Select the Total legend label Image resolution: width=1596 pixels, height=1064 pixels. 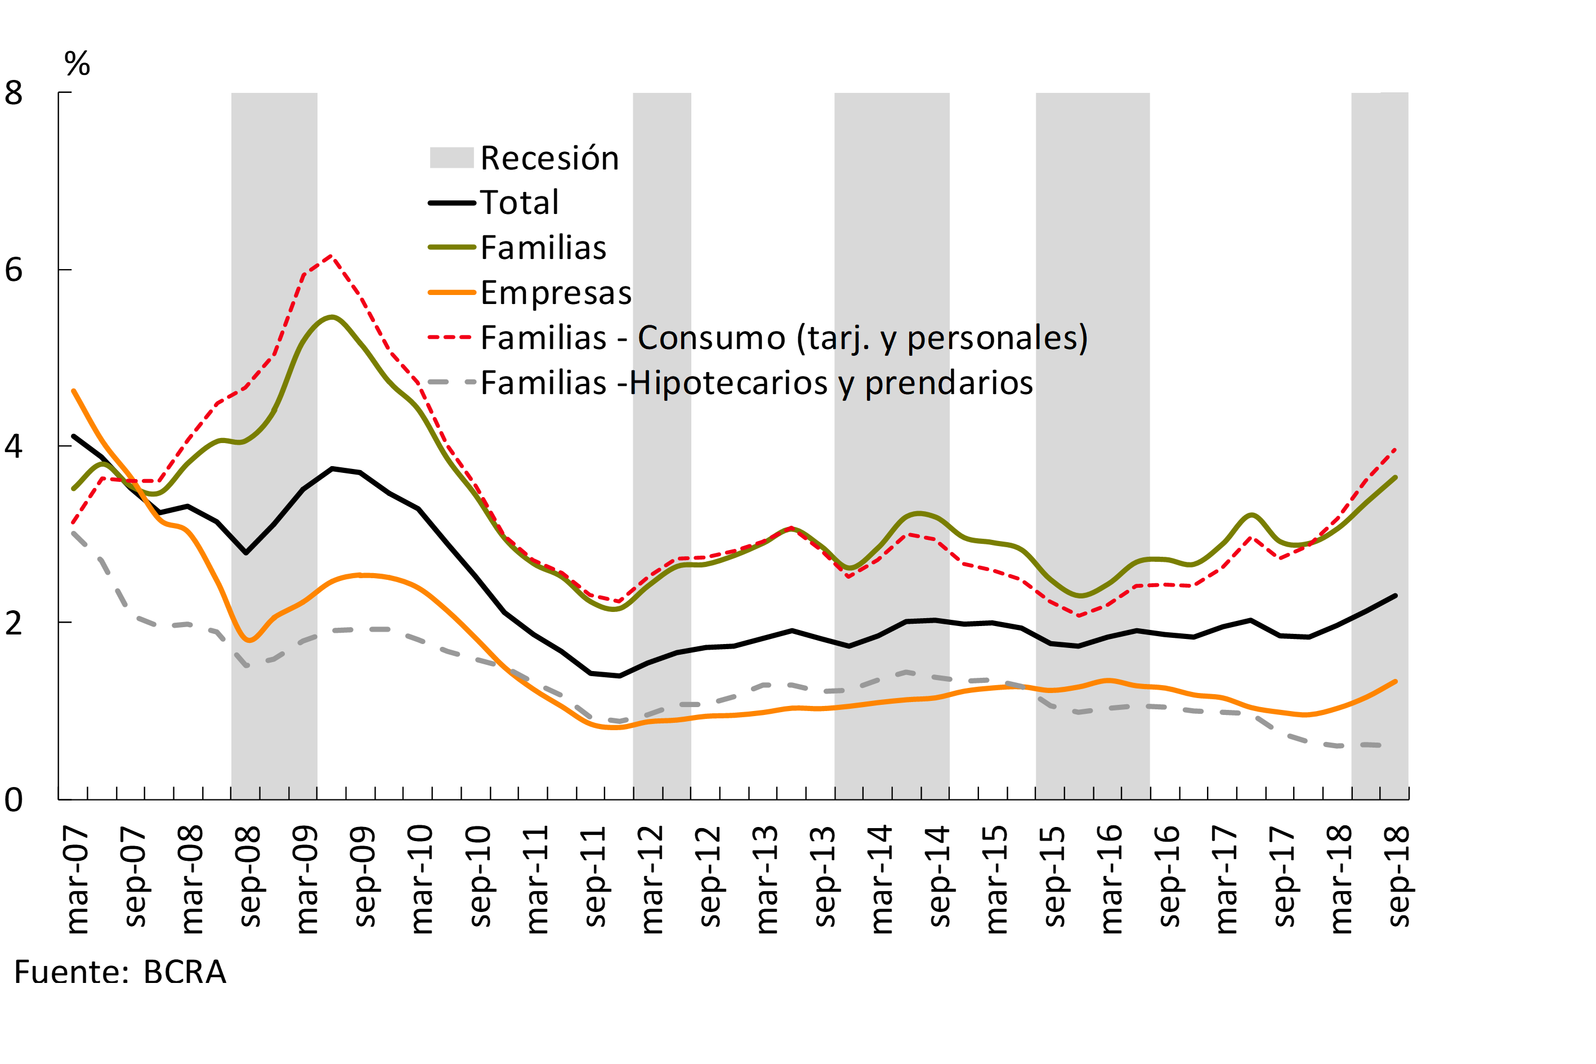(x=519, y=203)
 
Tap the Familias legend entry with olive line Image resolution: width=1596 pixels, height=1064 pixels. (x=543, y=248)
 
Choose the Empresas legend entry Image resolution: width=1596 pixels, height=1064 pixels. (x=556, y=293)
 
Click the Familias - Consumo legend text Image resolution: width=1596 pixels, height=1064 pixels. (x=784, y=338)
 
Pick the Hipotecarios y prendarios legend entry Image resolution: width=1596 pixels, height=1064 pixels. (x=757, y=383)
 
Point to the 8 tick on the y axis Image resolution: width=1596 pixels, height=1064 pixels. (x=14, y=93)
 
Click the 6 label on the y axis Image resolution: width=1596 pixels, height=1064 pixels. (x=14, y=270)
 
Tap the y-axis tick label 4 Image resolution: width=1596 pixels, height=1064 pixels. (x=14, y=446)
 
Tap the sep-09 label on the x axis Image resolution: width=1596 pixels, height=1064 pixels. (x=364, y=877)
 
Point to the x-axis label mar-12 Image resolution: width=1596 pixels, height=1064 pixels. (x=651, y=879)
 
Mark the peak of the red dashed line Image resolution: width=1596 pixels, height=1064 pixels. (x=330, y=256)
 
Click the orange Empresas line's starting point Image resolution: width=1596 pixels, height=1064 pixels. (x=73, y=391)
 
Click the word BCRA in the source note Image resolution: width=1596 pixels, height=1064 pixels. (x=185, y=972)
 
